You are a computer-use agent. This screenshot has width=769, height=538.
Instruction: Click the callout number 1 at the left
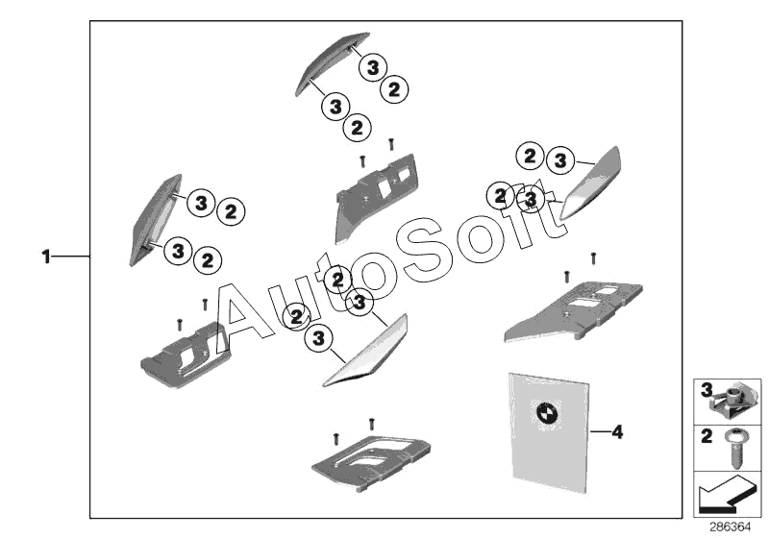click(x=46, y=257)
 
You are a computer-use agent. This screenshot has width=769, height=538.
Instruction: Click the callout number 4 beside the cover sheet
click(x=617, y=432)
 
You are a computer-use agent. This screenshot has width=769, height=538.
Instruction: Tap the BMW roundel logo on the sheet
click(x=545, y=411)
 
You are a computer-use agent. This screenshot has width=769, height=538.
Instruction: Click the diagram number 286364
click(x=731, y=527)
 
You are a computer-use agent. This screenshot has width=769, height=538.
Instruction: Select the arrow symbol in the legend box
click(x=726, y=494)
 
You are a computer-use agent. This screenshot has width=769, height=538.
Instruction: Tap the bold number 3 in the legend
click(x=707, y=390)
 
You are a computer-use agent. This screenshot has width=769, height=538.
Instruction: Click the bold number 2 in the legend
click(x=707, y=435)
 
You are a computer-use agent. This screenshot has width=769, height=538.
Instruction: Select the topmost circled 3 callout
click(x=373, y=67)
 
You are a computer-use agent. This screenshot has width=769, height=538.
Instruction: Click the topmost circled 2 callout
click(x=394, y=90)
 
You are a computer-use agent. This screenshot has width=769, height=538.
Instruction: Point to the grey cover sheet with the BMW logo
click(x=548, y=432)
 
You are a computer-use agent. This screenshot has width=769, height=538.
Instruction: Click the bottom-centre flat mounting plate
click(x=371, y=462)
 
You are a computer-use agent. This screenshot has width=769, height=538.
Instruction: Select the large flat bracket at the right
click(x=574, y=309)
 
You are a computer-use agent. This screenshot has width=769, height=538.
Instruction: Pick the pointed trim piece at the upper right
click(x=591, y=183)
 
